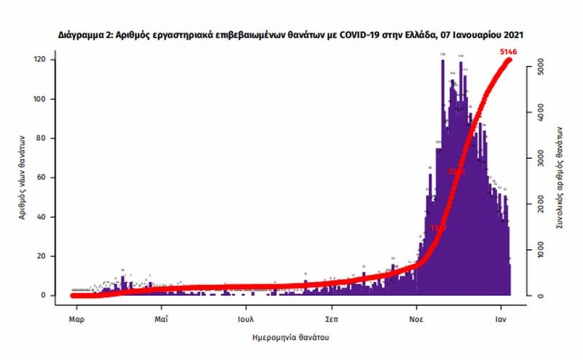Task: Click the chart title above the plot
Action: (x=291, y=34)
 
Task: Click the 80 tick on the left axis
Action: (x=44, y=138)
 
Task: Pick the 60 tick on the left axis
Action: (x=44, y=178)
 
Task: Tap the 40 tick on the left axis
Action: (x=44, y=217)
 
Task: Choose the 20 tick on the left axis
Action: (x=44, y=257)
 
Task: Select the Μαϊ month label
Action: (x=162, y=318)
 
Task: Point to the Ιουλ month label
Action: (x=245, y=318)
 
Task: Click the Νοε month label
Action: (x=416, y=318)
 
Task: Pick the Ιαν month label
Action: (x=502, y=318)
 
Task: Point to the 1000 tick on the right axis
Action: (x=540, y=250)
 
